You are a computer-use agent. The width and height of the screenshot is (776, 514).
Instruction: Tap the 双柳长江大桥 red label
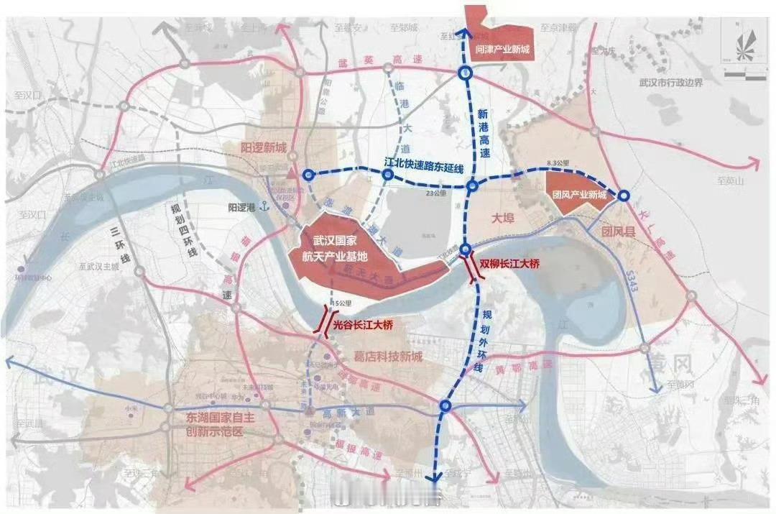coord(509,265)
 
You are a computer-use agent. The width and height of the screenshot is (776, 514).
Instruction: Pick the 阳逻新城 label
coord(263,148)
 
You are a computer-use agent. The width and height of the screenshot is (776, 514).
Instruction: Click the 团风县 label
coord(617,231)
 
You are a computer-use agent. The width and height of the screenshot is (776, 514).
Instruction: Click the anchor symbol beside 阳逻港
coord(264,207)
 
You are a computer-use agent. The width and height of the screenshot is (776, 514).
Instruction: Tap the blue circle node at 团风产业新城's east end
coord(624,195)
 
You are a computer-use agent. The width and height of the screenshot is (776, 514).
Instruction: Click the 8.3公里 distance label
coord(557,164)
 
